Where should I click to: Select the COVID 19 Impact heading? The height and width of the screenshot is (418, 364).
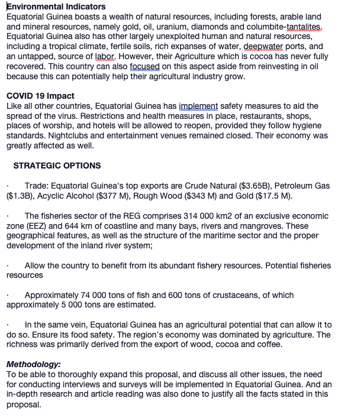pyautogui.click(x=40, y=96)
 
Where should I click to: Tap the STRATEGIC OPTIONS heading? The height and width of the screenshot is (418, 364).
pyautogui.click(x=57, y=166)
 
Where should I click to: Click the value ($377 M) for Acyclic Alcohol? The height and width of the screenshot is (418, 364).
pyautogui.click(x=130, y=196)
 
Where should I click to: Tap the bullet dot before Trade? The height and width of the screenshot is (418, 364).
pyautogui.click(x=7, y=186)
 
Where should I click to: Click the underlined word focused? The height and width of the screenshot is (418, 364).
pyautogui.click(x=144, y=67)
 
